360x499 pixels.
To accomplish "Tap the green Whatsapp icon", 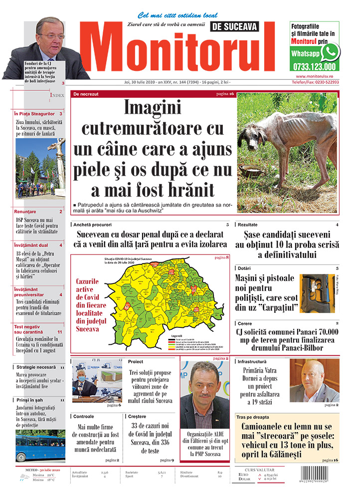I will (330, 52).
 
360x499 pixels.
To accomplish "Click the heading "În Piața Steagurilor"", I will (34, 114).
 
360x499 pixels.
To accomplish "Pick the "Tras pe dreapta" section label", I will (253, 417).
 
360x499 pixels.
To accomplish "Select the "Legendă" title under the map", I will (178, 336).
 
